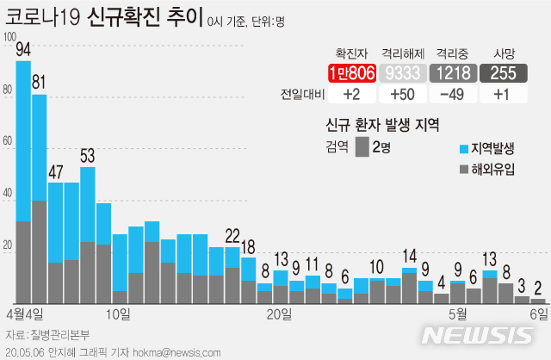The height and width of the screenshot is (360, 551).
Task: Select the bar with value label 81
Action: pyautogui.click(x=40, y=199)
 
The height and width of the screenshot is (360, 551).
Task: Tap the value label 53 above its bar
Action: pyautogui.click(x=88, y=156)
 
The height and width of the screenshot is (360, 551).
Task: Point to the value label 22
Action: pyautogui.click(x=232, y=235)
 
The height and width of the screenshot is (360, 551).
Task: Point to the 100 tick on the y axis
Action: pyautogui.click(x=9, y=37)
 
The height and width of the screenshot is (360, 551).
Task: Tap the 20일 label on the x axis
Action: pyautogui.click(x=279, y=314)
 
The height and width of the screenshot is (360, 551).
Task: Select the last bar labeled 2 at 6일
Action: pyautogui.click(x=538, y=301)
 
